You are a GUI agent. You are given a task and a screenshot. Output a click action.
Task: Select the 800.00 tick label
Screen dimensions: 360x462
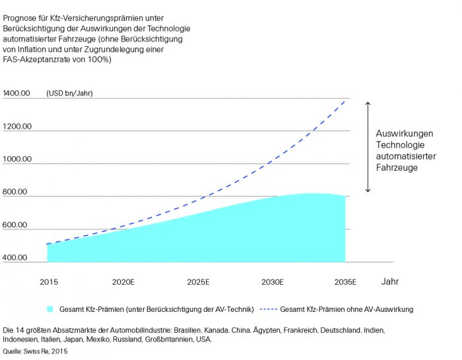point(16,192)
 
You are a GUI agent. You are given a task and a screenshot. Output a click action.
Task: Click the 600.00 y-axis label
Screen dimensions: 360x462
point(16,225)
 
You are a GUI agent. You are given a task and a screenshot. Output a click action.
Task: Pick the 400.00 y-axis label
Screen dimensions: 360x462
point(16,258)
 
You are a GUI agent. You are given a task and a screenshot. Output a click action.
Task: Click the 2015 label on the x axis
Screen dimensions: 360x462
point(48,282)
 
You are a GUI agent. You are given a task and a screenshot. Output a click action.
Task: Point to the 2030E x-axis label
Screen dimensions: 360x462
point(272,282)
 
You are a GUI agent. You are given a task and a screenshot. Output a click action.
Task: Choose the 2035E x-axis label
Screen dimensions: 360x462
point(345,282)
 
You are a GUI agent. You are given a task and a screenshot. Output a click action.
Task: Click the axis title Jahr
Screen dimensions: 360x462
point(390,282)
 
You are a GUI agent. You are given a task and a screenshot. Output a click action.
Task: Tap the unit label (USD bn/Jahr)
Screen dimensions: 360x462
point(69,93)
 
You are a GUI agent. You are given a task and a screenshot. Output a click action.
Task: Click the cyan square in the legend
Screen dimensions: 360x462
point(49,309)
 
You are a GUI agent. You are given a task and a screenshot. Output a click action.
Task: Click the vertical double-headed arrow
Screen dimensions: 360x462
point(368,146)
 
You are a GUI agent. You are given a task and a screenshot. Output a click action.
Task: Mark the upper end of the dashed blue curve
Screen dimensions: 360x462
point(345,101)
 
